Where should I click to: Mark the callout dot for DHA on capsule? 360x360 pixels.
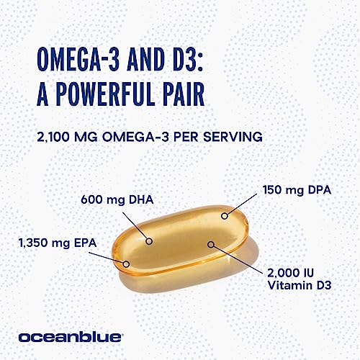click(149, 240)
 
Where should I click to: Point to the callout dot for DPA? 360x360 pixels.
click(224, 215)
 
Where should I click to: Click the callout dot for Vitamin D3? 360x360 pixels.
click(211, 243)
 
